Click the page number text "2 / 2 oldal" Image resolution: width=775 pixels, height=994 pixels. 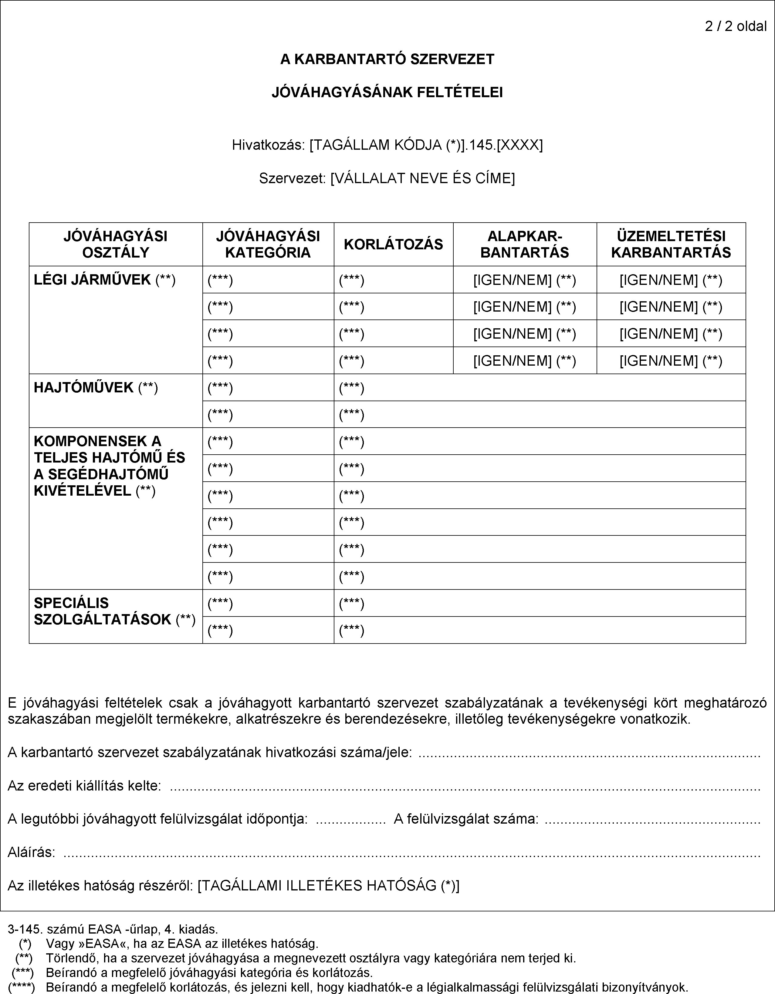[x=736, y=26]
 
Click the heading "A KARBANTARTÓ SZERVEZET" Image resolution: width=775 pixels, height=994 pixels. [x=387, y=60]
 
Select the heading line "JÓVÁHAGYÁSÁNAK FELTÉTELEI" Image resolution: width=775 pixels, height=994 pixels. [x=387, y=93]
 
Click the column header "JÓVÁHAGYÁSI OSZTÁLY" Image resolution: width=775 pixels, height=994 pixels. [x=116, y=244]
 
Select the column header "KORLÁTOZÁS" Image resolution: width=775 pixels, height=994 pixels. [x=393, y=244]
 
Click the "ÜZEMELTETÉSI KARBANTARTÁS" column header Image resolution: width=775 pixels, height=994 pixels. [x=671, y=244]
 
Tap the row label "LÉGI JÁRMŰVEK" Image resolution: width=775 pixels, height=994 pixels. [x=92, y=279]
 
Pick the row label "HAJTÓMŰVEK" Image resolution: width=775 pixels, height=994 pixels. [x=84, y=387]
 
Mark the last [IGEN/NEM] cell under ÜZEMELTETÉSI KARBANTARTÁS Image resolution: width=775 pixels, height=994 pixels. [x=671, y=361]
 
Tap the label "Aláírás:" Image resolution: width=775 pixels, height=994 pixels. [x=31, y=852]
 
